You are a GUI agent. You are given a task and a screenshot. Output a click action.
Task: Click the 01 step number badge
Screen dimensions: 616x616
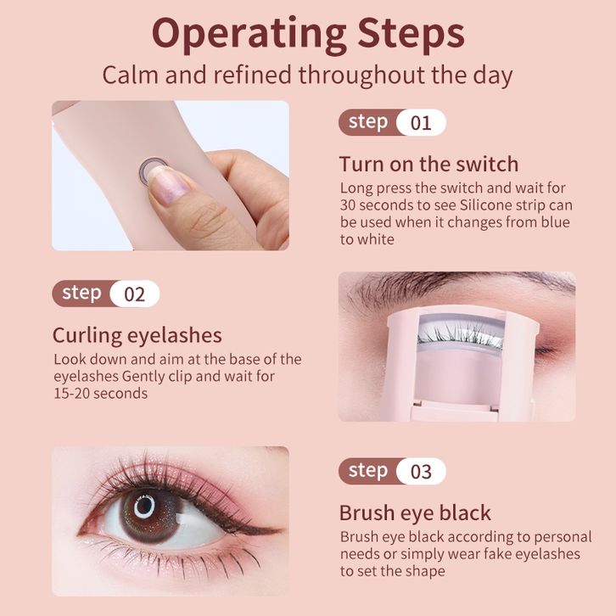pos(421,122)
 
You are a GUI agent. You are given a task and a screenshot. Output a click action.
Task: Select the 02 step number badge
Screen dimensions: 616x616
pos(135,294)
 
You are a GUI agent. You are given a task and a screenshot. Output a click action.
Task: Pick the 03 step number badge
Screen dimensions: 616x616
pos(421,471)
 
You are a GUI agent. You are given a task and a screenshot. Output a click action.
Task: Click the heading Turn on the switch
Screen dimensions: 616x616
pos(429,164)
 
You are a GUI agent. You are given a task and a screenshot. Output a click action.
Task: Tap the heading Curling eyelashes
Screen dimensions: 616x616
pos(137,335)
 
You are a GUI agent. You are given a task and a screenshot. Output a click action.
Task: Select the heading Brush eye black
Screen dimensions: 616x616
pos(415,512)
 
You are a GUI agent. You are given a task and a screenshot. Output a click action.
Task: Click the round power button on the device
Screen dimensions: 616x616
pos(152,170)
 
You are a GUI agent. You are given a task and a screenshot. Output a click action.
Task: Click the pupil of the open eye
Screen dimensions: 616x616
pos(144,507)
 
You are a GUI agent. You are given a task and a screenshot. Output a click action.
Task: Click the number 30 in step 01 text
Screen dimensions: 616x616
pos(348,205)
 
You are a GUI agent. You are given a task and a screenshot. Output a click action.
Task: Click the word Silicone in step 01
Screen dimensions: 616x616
pos(485,205)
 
